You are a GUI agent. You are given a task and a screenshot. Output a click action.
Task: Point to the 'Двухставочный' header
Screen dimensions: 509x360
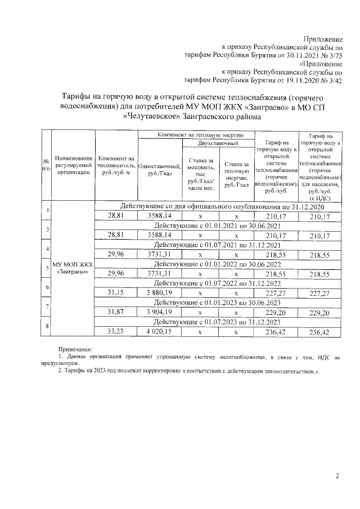coord(217,145)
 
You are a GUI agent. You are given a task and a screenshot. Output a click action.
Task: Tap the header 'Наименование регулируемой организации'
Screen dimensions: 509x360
coord(72,166)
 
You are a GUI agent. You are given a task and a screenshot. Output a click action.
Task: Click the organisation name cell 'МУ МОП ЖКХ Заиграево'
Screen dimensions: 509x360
coord(72,268)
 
